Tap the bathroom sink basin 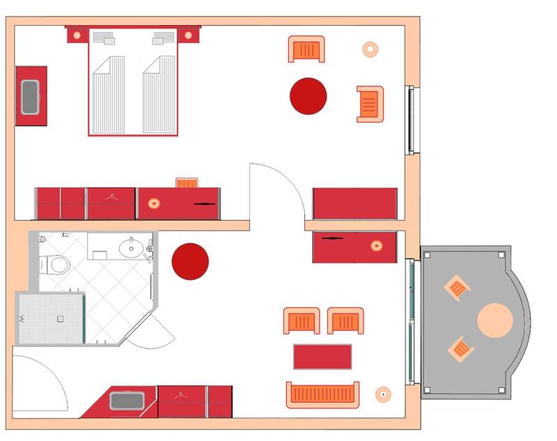130,247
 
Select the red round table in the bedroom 308,96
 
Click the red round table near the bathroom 190,261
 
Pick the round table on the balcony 495,320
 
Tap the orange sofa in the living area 323,395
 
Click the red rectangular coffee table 322,357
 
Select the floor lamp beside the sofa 382,394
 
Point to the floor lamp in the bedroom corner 370,49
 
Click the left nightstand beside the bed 77,35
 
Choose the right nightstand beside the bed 189,35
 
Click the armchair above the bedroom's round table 306,49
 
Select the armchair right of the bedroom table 370,104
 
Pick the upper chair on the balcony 457,288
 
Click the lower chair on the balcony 460,348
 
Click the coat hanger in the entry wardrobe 182,396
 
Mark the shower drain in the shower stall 61,318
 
